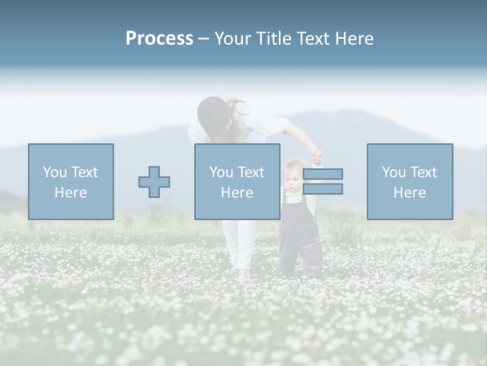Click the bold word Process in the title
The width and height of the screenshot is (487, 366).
159,39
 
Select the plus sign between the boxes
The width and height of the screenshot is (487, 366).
154,182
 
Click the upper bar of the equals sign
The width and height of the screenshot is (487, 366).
323,174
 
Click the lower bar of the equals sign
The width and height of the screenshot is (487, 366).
323,189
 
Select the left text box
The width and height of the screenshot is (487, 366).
71,181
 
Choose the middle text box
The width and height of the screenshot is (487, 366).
237,181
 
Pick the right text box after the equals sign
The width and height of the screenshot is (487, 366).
410,181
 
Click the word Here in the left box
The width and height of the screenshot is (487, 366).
71,193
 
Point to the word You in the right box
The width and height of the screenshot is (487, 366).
394,172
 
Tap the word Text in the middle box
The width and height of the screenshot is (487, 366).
251,172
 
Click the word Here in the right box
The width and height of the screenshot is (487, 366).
409,193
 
